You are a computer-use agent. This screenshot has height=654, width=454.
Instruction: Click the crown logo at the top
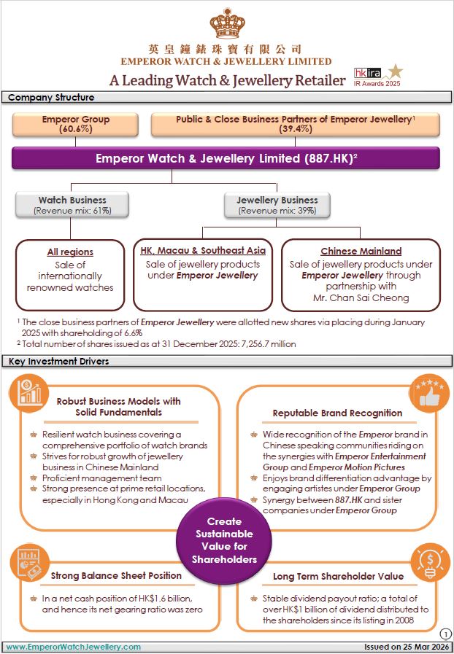pos(226,25)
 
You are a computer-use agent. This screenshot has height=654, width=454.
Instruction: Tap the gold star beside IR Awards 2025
pos(395,71)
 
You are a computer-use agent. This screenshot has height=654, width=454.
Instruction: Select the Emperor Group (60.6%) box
pos(76,124)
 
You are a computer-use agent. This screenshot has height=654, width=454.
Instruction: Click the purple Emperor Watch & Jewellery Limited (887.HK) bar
pos(226,158)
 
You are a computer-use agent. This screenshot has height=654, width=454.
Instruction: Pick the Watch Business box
pos(72,205)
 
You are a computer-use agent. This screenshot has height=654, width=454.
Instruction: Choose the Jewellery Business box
pos(277,205)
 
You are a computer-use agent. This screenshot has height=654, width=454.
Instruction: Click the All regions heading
pos(70,252)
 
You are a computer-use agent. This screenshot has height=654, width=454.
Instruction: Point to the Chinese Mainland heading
pos(361,252)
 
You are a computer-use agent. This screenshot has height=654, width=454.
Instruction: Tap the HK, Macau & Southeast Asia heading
pos(202,251)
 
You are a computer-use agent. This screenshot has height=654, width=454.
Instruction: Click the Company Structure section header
pos(51,98)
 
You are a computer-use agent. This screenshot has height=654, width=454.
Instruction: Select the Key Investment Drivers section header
pos(59,361)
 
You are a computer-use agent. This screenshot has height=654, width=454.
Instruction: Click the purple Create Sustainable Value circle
pos(224,540)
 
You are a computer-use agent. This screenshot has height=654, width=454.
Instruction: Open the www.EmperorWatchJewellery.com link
pos(74,647)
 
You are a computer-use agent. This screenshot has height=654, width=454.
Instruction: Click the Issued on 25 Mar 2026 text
pos(407,647)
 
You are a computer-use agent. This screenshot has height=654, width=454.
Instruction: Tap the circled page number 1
pos(445,634)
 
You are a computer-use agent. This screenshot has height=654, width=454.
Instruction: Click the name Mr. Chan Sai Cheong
pos(361,298)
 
